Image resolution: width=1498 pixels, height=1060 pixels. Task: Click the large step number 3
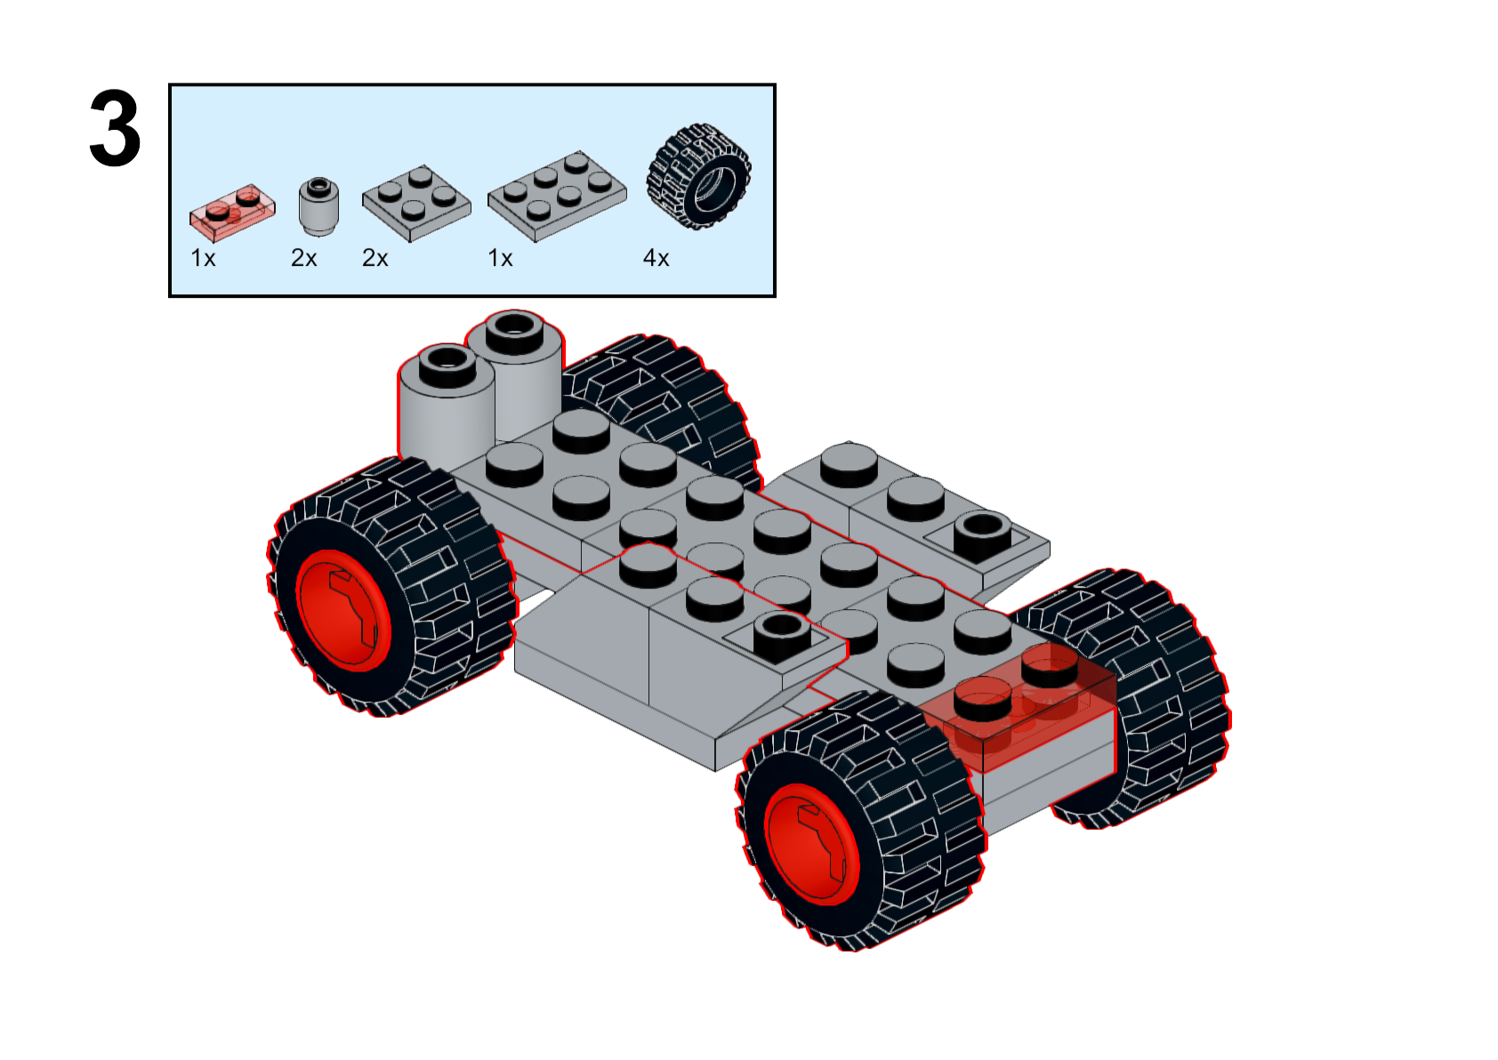[115, 129]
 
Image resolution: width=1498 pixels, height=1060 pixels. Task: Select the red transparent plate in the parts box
[231, 212]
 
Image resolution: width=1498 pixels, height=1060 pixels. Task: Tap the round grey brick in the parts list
[318, 205]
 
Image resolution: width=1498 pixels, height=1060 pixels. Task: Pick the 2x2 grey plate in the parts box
[415, 202]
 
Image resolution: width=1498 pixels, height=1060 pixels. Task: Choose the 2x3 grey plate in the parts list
[556, 196]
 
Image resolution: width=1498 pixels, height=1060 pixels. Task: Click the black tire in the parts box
[699, 176]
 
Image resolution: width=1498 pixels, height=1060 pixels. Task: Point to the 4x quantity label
[656, 258]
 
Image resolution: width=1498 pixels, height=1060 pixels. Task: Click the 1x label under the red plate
[203, 258]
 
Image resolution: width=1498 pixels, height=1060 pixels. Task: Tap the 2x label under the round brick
[303, 258]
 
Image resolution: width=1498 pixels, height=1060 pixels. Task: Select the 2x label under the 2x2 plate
[374, 258]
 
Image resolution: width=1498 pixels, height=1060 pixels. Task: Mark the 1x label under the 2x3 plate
[500, 258]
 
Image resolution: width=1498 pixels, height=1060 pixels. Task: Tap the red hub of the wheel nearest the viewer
[811, 843]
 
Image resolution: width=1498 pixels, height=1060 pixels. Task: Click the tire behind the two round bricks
[667, 400]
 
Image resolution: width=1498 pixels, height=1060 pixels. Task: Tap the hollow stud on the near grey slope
[781, 631]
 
